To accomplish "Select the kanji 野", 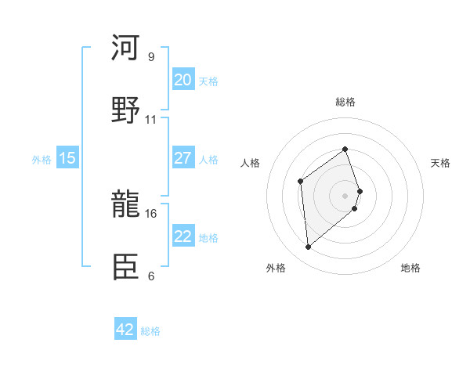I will coord(125,110).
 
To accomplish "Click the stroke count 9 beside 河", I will coord(151,56).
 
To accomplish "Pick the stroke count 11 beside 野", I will coord(151,120).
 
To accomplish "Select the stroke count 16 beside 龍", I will coord(151,212).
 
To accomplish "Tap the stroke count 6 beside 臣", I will coord(151,276).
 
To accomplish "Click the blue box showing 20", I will coord(183,80).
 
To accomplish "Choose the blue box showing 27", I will coord(183,158).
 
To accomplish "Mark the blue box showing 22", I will coord(183,236).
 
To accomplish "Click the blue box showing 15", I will coord(67,158).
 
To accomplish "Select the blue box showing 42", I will coord(125,330).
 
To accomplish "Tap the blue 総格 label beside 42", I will coord(150,331).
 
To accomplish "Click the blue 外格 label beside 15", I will coord(42,159).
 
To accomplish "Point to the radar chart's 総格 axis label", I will coord(345,102).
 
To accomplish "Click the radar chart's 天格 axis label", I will coord(441,163).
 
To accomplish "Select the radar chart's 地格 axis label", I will coord(410,268).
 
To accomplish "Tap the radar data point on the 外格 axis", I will coord(309,247).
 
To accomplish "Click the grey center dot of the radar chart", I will coord(345,194).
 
